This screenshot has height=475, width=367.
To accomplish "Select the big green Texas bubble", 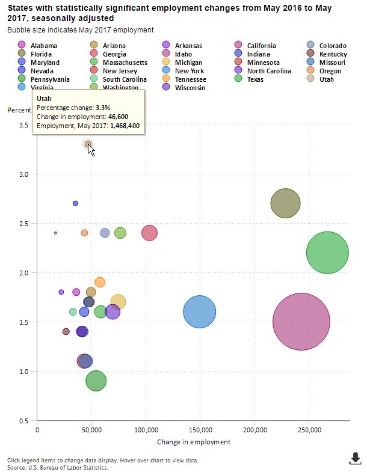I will coord(327,253).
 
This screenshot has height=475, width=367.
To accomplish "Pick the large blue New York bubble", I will coord(199,311).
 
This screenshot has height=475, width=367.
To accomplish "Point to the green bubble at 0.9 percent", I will coord(96,381).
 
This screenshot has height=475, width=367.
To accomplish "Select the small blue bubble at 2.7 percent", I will coord(75,203).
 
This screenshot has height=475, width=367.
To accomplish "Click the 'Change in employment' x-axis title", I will coord(193,442).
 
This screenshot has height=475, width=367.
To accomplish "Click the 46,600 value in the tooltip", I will coord(116,116).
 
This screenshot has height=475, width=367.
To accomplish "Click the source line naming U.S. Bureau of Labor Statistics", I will coord(58,467).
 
